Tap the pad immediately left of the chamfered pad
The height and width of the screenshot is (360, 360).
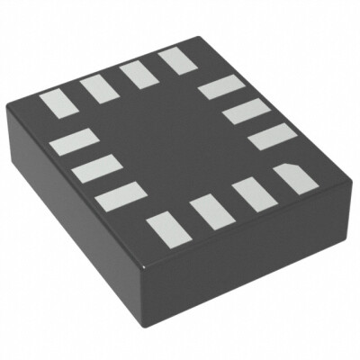(249, 196)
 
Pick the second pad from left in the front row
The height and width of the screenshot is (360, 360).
(208, 211)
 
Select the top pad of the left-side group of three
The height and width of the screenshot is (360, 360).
(75, 143)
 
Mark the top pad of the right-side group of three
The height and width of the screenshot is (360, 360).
(216, 88)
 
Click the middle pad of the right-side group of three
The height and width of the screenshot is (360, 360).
(241, 112)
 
